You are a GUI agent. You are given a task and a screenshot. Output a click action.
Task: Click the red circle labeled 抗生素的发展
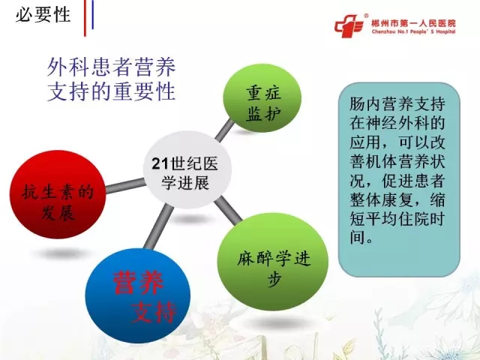click(58, 194)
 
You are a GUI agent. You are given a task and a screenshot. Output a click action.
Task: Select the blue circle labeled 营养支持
click(138, 295)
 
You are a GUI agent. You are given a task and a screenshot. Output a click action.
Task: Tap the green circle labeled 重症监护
click(262, 98)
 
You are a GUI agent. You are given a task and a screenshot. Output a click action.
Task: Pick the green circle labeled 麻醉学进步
click(273, 262)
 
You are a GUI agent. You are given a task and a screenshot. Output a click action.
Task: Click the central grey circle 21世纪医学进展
click(187, 170)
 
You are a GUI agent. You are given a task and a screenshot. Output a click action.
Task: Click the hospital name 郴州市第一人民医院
click(413, 23)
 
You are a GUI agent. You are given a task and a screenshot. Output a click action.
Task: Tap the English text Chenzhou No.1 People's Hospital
click(413, 31)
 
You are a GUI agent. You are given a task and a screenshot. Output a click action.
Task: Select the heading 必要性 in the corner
click(43, 14)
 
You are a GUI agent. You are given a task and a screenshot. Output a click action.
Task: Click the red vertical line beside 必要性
click(85, 18)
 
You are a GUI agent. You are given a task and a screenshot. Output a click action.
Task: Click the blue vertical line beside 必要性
click(92, 15)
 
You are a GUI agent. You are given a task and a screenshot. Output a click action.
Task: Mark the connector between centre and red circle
click(125, 185)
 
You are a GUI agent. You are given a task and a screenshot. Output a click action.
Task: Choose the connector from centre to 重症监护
click(224, 130)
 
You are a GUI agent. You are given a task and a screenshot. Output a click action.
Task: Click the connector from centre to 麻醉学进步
click(228, 211)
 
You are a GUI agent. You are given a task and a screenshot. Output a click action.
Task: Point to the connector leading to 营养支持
click(158, 226)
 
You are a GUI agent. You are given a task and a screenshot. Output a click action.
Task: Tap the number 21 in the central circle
click(160, 163)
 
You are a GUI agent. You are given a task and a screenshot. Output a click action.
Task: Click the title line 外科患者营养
click(112, 67)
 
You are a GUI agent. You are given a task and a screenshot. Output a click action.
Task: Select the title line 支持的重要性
click(112, 91)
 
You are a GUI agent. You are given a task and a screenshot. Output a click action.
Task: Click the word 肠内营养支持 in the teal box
click(397, 104)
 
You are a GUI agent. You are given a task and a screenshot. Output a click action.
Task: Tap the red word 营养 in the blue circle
click(138, 283)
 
